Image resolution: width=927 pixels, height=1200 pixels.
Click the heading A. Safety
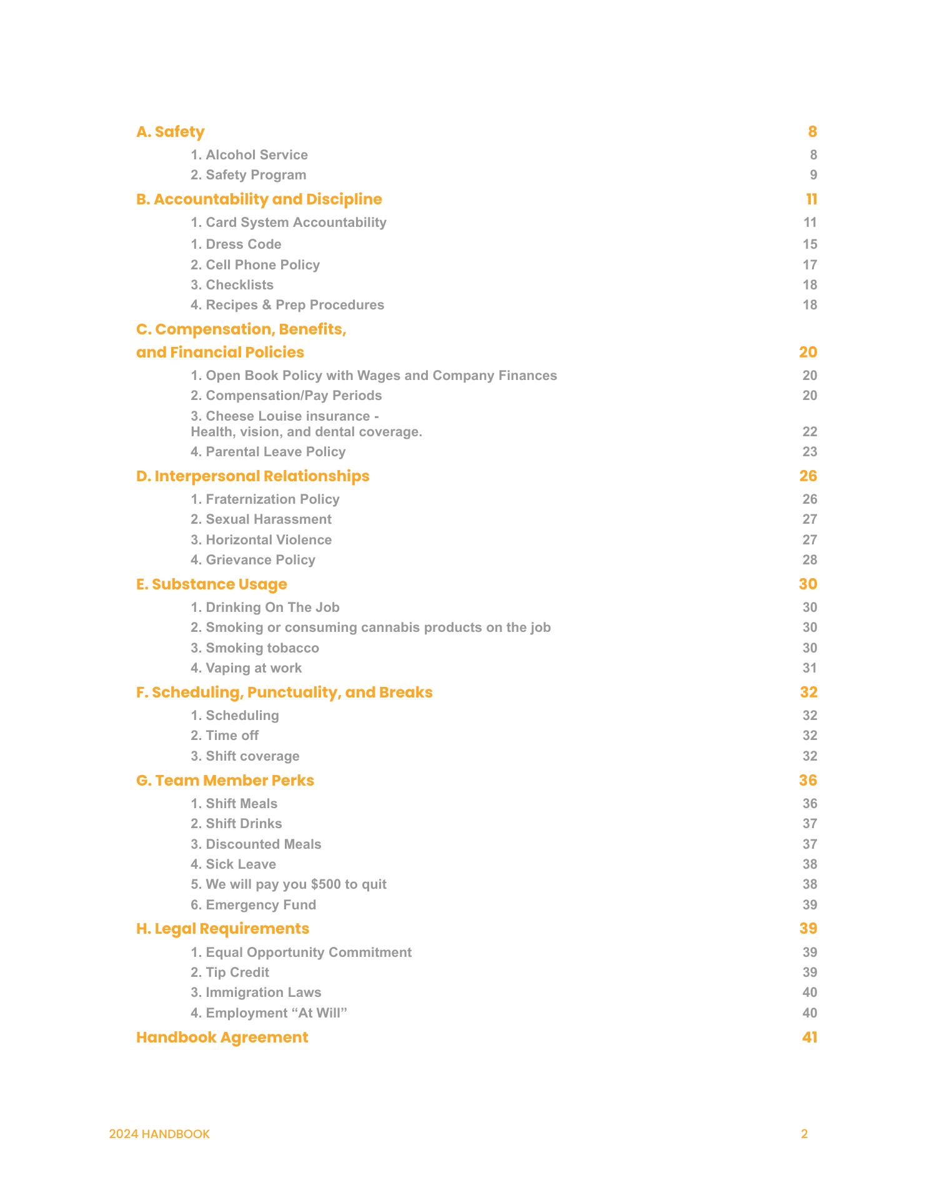pyautogui.click(x=170, y=132)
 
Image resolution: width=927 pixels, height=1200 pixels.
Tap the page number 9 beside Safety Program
pyautogui.click(x=813, y=175)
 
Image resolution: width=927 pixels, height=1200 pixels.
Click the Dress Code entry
pyautogui.click(x=235, y=244)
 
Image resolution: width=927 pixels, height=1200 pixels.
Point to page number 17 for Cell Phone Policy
pyautogui.click(x=810, y=265)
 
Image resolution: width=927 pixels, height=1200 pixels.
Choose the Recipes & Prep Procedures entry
pyautogui.click(x=287, y=305)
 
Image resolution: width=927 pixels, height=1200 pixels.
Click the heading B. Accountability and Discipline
pyautogui.click(x=259, y=199)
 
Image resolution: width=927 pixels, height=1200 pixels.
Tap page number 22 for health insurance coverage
pyautogui.click(x=810, y=432)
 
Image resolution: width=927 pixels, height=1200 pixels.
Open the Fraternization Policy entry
pyautogui.click(x=265, y=499)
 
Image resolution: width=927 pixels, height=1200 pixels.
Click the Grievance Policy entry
pyautogui.click(x=252, y=560)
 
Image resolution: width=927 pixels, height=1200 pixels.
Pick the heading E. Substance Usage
pyautogui.click(x=211, y=584)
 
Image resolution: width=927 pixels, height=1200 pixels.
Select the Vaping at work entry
pyautogui.click(x=245, y=668)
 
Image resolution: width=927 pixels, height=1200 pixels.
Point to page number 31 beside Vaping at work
pyautogui.click(x=810, y=668)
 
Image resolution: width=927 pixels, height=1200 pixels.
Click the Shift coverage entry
pyautogui.click(x=245, y=756)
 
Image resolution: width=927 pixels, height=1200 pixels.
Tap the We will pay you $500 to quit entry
pyautogui.click(x=288, y=884)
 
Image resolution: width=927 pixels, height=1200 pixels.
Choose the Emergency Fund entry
pyautogui.click(x=253, y=905)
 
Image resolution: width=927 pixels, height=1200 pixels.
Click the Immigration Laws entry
pyautogui.click(x=255, y=992)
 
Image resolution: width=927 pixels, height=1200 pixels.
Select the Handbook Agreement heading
pyautogui.click(x=222, y=1037)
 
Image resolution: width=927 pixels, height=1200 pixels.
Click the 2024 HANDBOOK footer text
pyautogui.click(x=159, y=1134)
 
